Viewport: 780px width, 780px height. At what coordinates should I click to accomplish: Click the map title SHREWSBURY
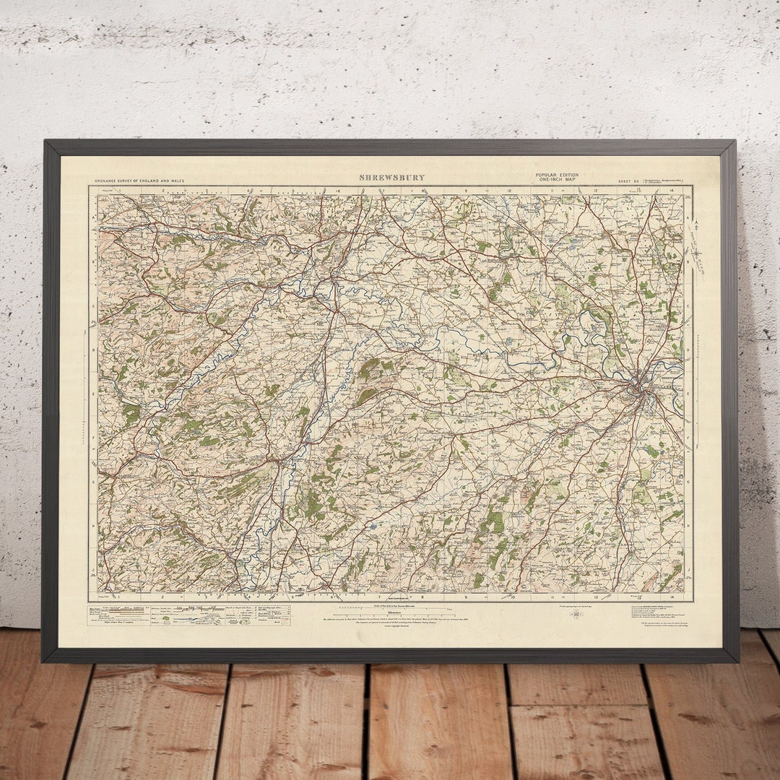pyautogui.click(x=392, y=177)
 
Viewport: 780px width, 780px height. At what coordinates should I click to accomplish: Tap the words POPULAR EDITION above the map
pyautogui.click(x=557, y=175)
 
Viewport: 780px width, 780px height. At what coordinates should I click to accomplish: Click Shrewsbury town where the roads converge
pyautogui.click(x=638, y=391)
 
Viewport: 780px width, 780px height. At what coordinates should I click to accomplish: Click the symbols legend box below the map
pyautogui.click(x=194, y=614)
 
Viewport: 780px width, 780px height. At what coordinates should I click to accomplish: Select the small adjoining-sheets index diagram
pyautogui.click(x=576, y=614)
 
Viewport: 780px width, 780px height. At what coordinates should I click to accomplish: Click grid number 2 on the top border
pyautogui.click(x=163, y=191)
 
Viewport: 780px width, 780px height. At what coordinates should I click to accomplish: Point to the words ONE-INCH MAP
pyautogui.click(x=557, y=181)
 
